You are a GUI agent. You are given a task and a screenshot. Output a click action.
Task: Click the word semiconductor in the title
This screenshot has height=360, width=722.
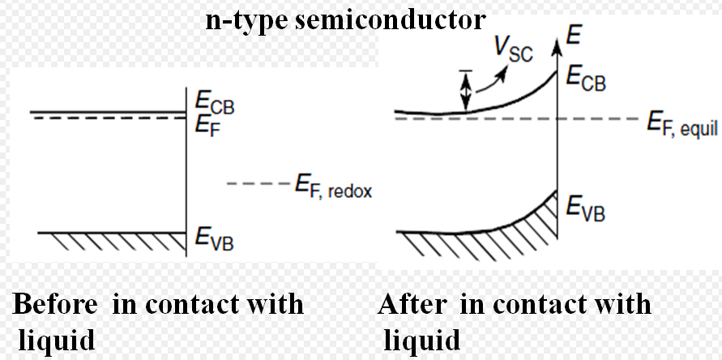point(390,20)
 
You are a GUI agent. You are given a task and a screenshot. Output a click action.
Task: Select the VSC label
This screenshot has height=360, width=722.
point(514,49)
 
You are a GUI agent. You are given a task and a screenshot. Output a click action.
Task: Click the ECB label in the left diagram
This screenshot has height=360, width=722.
point(215,102)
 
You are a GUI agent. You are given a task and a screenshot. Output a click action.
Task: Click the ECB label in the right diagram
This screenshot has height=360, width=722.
point(586,79)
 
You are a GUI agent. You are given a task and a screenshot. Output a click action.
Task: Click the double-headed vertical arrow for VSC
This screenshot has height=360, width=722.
point(467,90)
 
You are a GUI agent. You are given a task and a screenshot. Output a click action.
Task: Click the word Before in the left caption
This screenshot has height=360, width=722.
point(54,304)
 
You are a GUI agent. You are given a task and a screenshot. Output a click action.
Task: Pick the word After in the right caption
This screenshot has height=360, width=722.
point(412,304)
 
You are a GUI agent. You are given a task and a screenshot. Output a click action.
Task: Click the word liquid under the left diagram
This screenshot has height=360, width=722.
point(57,341)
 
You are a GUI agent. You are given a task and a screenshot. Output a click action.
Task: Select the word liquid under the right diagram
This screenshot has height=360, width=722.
point(422,341)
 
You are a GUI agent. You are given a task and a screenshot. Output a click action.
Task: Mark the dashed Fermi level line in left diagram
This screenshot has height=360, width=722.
point(109,118)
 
